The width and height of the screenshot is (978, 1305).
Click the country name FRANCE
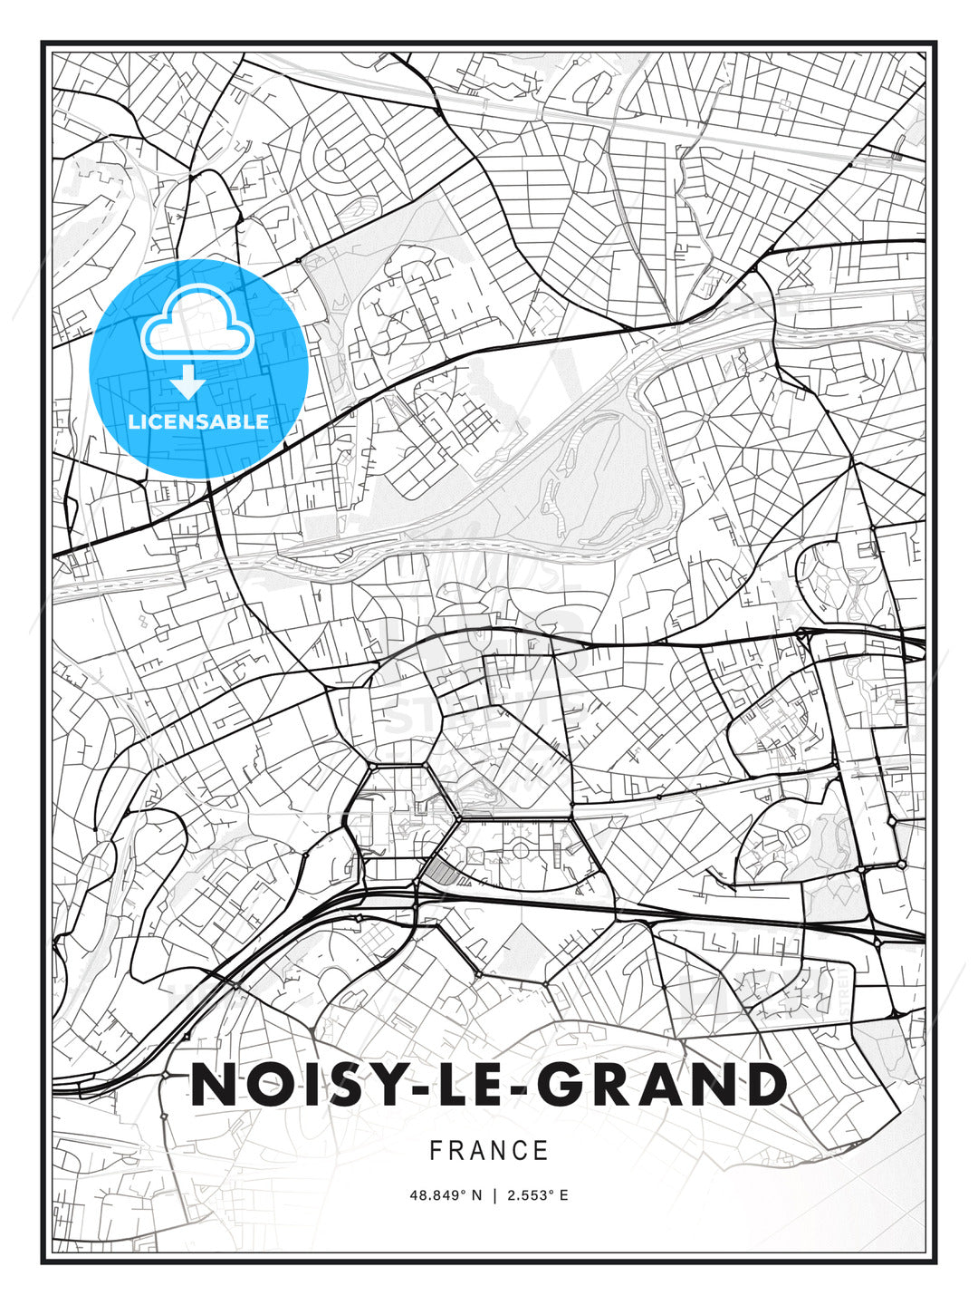(x=489, y=1150)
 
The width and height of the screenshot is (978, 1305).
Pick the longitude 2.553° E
(x=537, y=1195)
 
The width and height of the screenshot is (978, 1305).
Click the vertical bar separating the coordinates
(x=494, y=1195)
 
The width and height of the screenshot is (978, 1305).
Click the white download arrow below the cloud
(x=188, y=382)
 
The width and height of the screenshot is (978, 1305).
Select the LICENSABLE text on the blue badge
(x=198, y=421)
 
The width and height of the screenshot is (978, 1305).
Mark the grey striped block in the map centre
(x=441, y=871)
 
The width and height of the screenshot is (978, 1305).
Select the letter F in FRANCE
(x=436, y=1150)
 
